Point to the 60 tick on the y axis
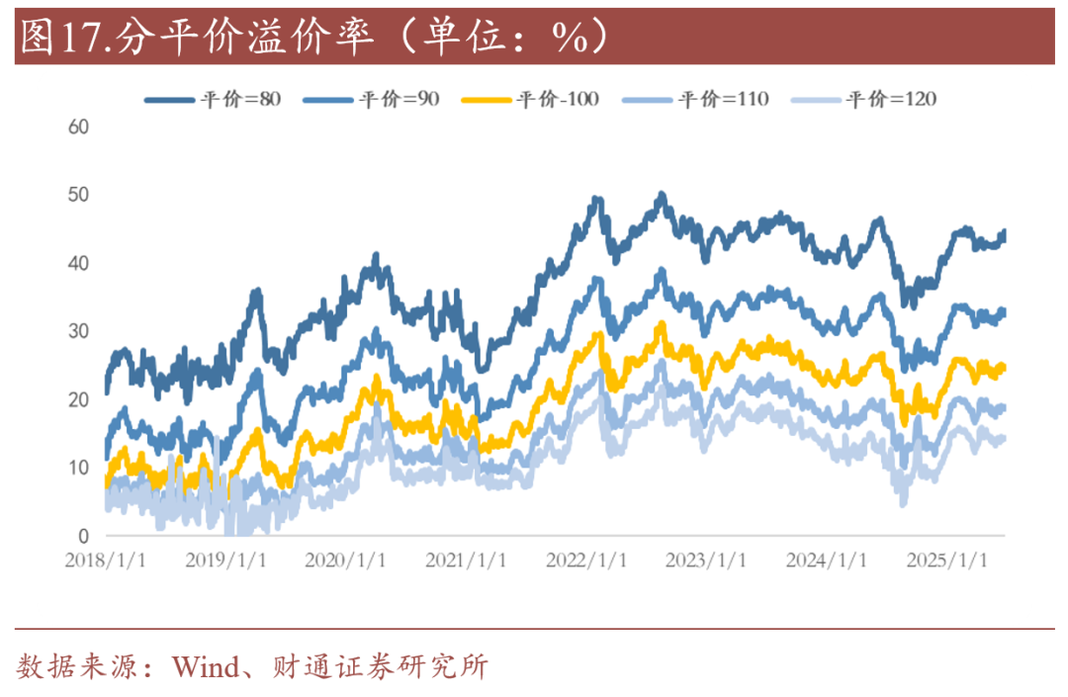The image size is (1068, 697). [x=79, y=127]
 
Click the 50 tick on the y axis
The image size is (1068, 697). [x=79, y=195]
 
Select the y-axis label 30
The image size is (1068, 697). [x=79, y=331]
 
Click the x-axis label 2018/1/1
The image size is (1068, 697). [x=105, y=561]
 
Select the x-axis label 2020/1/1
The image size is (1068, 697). [x=346, y=561]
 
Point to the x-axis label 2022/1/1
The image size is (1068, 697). [x=586, y=561]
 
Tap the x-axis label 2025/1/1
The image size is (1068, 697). [x=946, y=561]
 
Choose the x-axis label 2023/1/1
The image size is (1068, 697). [x=706, y=561]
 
